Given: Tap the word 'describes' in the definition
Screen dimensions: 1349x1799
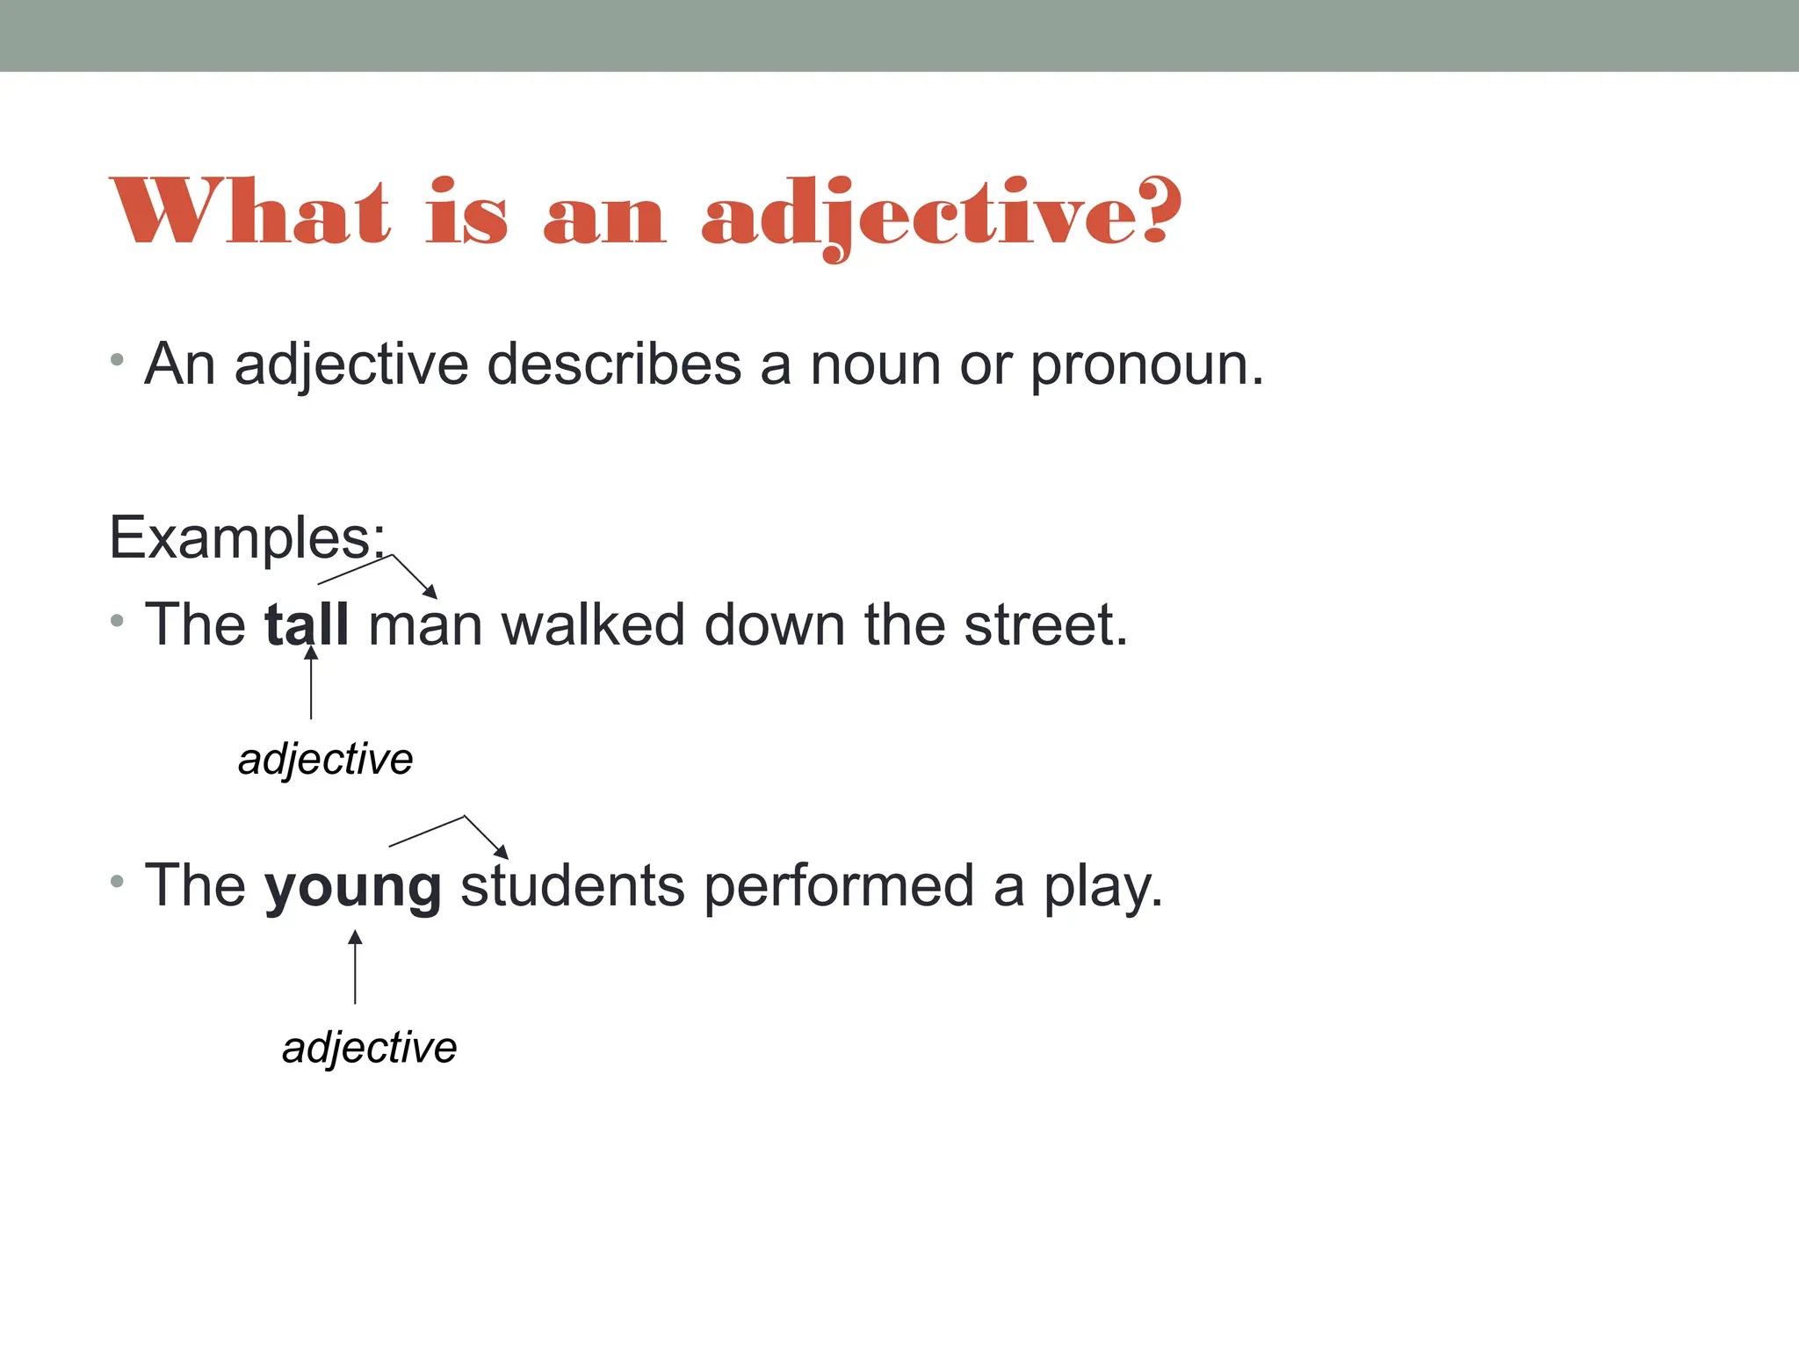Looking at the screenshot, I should (613, 364).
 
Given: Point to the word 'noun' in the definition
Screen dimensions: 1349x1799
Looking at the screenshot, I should (875, 365).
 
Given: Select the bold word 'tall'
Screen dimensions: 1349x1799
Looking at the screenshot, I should (307, 624).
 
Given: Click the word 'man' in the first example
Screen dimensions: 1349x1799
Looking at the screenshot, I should (425, 626).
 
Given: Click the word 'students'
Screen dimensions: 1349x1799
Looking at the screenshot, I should (572, 885).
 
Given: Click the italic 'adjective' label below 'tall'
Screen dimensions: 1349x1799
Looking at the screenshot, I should (326, 759).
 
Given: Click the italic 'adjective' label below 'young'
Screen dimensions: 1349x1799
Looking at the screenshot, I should (370, 1048).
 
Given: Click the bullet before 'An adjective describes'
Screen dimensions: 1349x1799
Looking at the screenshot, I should (117, 359).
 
